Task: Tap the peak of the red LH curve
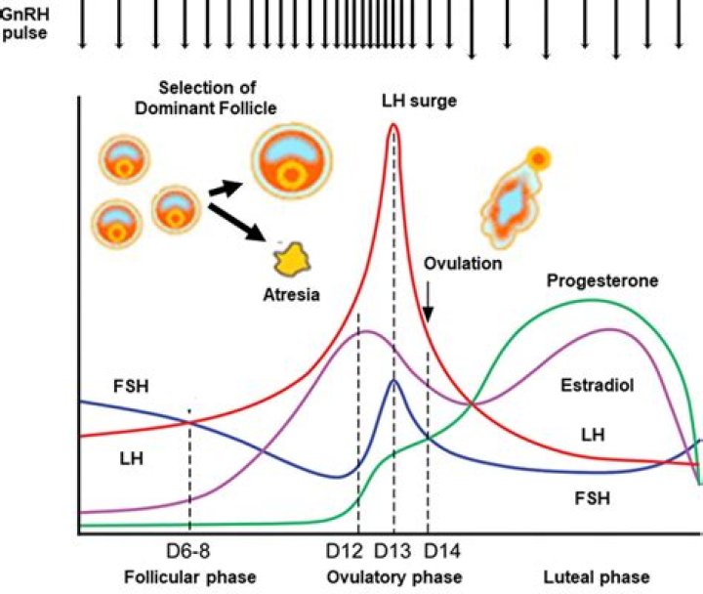coord(393,126)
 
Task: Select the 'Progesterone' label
coord(602,280)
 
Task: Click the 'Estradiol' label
coord(598,385)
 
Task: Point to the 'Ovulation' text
coord(463,264)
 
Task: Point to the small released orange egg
coord(537,157)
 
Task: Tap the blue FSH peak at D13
coord(393,382)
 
